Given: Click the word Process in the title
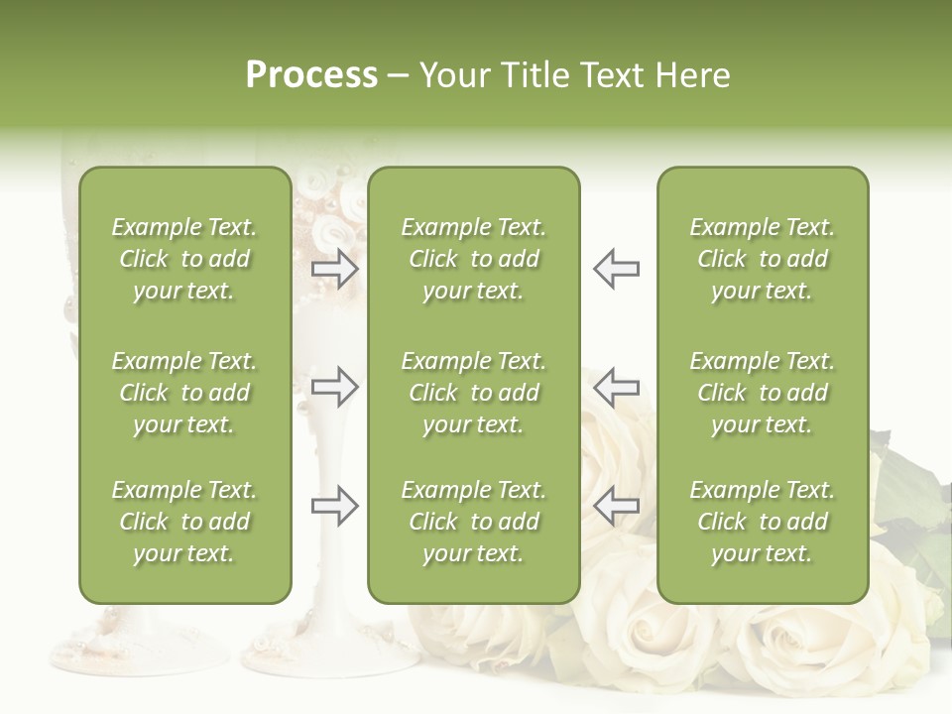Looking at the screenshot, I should [x=311, y=75].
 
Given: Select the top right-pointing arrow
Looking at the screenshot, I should [x=335, y=269].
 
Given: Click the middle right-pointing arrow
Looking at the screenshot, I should [x=335, y=387].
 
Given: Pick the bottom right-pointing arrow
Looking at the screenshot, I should [x=335, y=506].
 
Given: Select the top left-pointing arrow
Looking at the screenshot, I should [x=616, y=269].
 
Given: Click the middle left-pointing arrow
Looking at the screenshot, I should [x=616, y=387].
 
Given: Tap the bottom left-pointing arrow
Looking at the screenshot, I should [x=616, y=506].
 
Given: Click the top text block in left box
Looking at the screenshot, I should [x=184, y=259].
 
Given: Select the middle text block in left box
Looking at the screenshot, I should [x=184, y=393].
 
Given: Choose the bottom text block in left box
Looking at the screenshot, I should [x=184, y=522].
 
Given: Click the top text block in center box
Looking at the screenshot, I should [x=473, y=259].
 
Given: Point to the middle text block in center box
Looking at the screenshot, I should [x=473, y=393].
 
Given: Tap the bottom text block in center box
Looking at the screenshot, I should [x=473, y=522].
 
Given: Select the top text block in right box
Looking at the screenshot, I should [x=762, y=259].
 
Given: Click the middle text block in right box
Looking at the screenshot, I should [x=762, y=393].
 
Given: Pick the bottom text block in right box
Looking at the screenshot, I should [x=762, y=522].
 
